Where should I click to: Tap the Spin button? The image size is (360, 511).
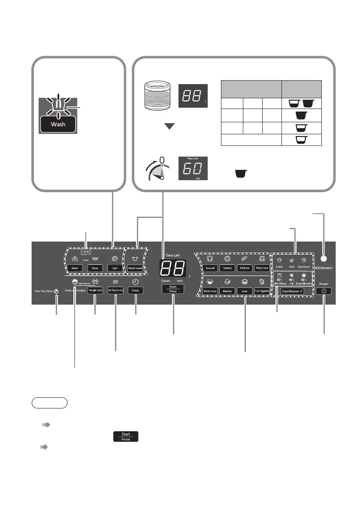point(115,267)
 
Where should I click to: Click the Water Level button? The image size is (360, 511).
point(136,267)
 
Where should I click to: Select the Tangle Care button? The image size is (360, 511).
point(95,290)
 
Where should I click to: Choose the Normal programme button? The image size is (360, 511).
point(210,268)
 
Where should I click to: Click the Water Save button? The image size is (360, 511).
point(210,290)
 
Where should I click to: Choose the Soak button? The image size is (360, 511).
point(245,290)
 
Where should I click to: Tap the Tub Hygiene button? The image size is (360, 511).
point(262,290)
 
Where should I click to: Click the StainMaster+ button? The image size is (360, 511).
point(293,290)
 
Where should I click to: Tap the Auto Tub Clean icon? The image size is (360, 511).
point(56,290)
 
